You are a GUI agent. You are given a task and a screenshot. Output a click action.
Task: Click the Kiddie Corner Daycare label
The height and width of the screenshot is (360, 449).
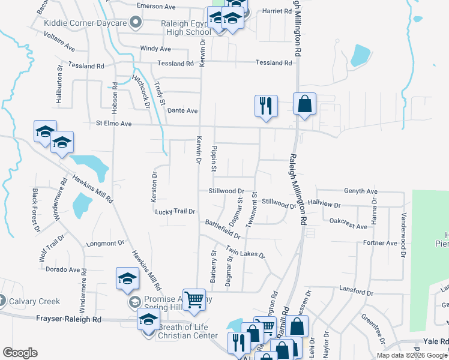tap(85, 23)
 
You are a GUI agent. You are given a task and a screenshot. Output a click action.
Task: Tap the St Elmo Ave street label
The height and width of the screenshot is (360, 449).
tap(113, 124)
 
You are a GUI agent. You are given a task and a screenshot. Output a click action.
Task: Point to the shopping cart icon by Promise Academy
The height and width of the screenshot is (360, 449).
tap(194, 299)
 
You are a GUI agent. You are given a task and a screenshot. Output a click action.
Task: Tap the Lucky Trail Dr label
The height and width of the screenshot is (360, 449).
tap(175, 212)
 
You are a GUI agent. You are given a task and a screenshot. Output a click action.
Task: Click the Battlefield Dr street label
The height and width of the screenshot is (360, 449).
tap(222, 228)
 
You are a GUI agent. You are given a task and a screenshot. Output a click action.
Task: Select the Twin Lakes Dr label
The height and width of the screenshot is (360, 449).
tap(246, 252)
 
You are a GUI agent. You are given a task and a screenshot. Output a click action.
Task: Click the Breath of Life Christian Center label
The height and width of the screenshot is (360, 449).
tap(187, 332)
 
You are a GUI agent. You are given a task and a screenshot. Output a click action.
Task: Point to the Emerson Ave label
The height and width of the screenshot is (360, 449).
tap(155, 6)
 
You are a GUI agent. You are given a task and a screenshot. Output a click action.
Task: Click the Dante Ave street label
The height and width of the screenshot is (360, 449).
tap(182, 110)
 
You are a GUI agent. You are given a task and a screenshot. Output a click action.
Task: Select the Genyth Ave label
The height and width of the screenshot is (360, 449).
tap(360, 191)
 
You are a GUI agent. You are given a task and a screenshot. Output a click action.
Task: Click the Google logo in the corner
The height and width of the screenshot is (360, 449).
tap(20, 352)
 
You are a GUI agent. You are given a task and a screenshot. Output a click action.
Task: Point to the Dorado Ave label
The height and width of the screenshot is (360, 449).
tap(65, 269)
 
